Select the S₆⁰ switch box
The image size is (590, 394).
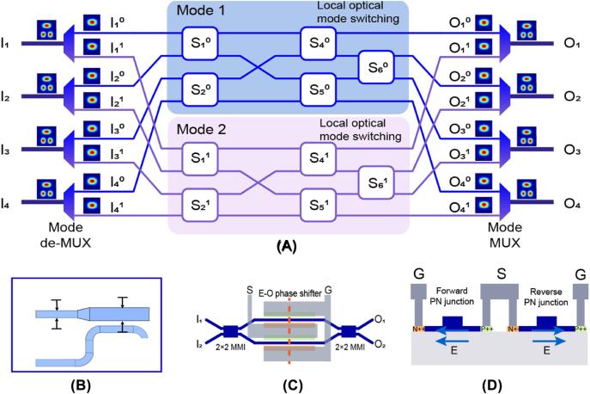[x=374, y=65]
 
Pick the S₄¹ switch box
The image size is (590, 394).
[x=316, y=160]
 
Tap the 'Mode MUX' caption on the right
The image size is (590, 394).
[x=505, y=231]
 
